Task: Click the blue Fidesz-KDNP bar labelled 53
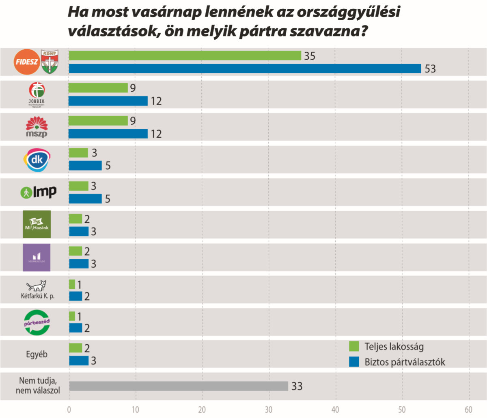245,68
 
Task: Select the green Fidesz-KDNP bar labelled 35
185,56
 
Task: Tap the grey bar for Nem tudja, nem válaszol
179,386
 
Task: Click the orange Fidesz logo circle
27,62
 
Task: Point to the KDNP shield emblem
50,62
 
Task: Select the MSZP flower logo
37,127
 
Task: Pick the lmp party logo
39,192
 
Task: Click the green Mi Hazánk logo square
37,224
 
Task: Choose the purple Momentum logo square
37,257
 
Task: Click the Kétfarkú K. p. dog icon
37,286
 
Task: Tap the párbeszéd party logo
37,322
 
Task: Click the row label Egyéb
37,354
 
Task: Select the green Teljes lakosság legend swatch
354,346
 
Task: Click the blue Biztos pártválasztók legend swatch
354,362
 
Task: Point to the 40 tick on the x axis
335,409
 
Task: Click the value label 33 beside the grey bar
297,386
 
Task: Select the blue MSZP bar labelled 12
108,134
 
